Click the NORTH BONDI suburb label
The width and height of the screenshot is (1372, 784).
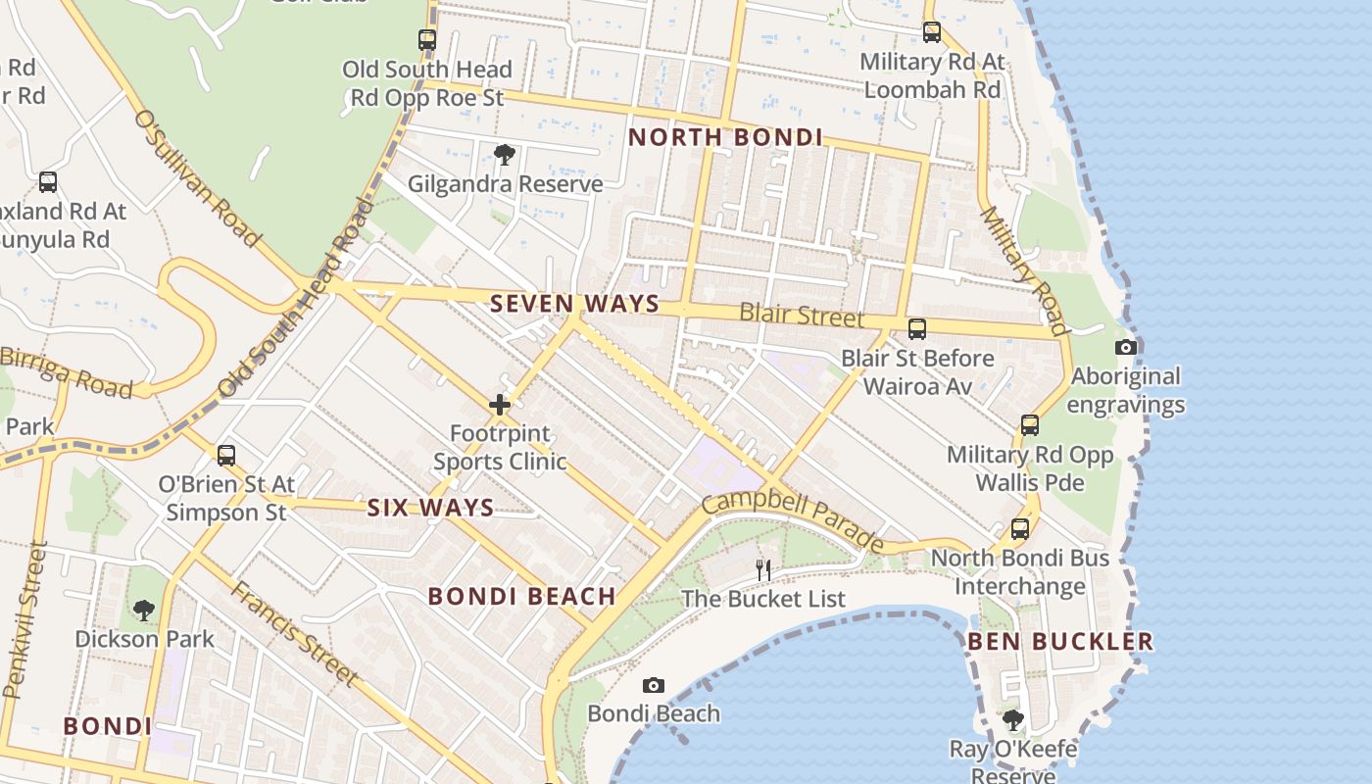725,137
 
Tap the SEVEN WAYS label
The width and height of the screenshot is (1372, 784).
575,304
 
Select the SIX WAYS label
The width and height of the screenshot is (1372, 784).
430,508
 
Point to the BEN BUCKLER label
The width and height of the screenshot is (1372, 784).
1060,642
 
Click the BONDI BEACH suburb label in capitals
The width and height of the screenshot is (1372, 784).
522,596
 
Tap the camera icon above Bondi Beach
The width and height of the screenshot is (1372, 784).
654,685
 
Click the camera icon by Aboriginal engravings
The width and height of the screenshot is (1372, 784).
1126,347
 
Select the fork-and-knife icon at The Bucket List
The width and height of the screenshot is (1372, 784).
762,569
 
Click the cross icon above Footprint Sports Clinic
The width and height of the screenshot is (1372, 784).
500,404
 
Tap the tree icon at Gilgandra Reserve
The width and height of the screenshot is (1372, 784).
505,155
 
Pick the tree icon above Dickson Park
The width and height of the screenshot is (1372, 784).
144,611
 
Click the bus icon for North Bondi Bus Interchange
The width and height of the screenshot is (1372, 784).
1020,529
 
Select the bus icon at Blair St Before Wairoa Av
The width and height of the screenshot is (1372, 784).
917,329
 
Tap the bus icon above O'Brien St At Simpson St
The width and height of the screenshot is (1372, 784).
226,456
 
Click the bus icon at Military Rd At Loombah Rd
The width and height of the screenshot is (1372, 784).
931,32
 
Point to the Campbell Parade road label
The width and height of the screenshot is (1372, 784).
792,521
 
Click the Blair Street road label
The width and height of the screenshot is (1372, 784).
802,316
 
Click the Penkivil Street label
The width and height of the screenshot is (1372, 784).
24,619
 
